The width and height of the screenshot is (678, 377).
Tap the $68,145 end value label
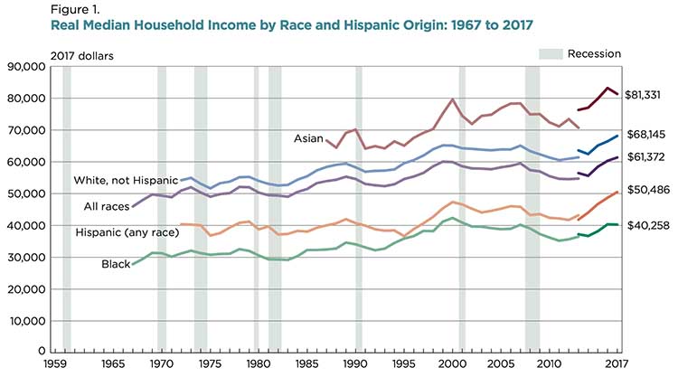[647, 134]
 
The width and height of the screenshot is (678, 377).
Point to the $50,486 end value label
[647, 192]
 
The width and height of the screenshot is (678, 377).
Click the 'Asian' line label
[309, 138]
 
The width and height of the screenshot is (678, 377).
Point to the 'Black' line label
[116, 264]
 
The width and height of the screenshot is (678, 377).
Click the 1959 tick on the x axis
[57, 363]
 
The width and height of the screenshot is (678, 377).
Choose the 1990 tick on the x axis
[355, 363]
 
